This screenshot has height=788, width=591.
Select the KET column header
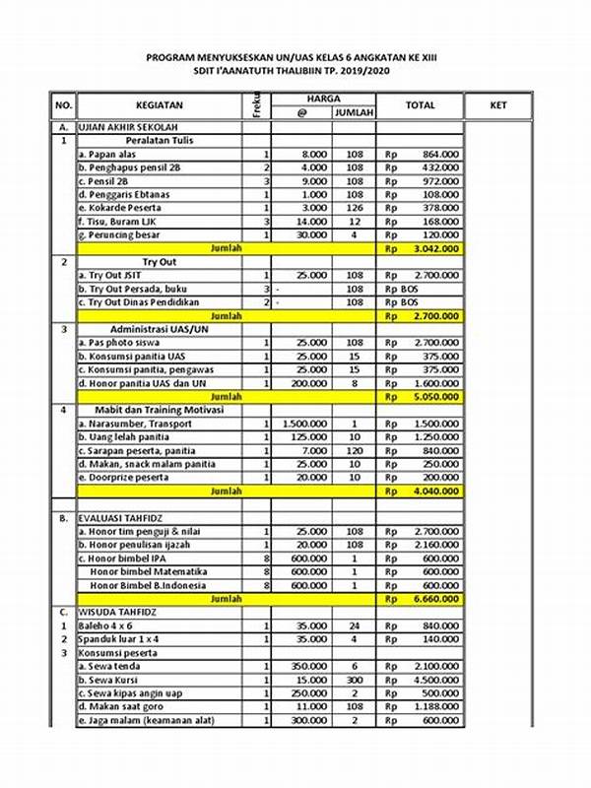click(x=498, y=105)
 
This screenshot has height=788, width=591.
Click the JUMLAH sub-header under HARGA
click(x=353, y=113)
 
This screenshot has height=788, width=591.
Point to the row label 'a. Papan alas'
click(x=109, y=156)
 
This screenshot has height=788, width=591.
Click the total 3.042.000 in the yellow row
click(x=434, y=250)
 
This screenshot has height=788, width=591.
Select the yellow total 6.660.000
click(x=434, y=598)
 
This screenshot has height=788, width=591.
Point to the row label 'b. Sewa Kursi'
click(x=110, y=679)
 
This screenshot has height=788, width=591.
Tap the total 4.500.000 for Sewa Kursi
click(x=434, y=679)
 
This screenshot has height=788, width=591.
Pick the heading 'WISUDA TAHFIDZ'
click(x=116, y=611)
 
